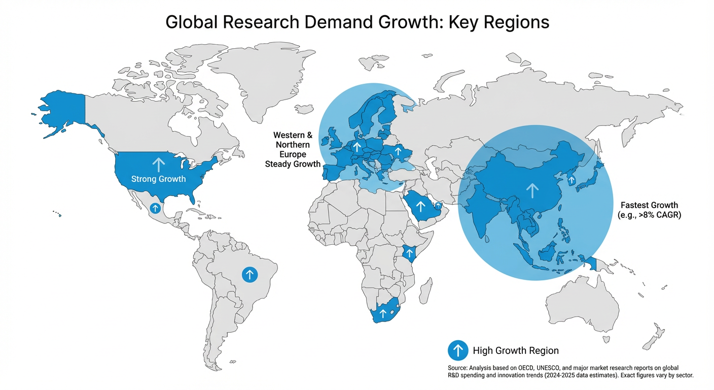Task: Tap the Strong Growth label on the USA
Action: (x=158, y=179)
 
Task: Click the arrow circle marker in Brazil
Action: (x=249, y=275)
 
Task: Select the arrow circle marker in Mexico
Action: (x=155, y=208)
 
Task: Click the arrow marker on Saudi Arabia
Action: (x=420, y=206)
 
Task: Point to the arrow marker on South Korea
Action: (x=572, y=180)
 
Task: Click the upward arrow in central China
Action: (x=532, y=190)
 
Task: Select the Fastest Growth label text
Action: (x=649, y=205)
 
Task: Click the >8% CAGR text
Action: (x=655, y=215)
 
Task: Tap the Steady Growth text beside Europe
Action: (x=293, y=164)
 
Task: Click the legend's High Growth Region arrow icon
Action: (x=458, y=350)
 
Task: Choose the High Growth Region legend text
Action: (x=515, y=350)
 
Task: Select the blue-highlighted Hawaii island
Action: (x=59, y=215)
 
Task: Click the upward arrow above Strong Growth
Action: (x=159, y=164)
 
